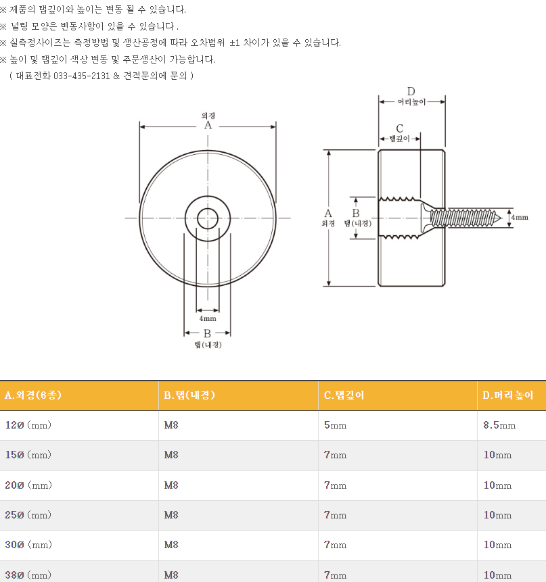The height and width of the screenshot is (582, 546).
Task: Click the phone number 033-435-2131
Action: [82, 76]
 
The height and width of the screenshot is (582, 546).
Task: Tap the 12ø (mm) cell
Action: [28, 425]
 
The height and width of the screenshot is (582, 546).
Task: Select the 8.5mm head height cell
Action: [499, 425]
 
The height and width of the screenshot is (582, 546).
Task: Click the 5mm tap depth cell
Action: [335, 425]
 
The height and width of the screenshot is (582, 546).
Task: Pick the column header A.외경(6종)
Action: [33, 395]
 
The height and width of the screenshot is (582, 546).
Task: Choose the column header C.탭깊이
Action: [344, 395]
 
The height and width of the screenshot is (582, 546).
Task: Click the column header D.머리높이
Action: [507, 395]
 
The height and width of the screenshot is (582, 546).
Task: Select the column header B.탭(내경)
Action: [189, 395]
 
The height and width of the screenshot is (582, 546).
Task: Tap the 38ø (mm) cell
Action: [28, 575]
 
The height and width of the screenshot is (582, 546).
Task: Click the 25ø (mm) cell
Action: [28, 515]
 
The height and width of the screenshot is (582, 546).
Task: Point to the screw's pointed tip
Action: [501, 218]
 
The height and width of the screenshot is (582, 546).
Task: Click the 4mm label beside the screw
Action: [520, 218]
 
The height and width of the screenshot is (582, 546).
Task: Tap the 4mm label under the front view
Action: [208, 318]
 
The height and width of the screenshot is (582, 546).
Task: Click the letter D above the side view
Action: [411, 91]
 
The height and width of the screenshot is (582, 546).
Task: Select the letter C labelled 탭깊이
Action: [400, 128]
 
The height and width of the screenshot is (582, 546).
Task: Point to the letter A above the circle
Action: [208, 126]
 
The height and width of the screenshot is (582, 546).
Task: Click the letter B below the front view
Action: [207, 333]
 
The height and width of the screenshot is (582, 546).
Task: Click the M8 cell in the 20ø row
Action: [171, 485]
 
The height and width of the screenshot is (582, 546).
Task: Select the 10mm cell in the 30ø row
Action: [497, 545]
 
